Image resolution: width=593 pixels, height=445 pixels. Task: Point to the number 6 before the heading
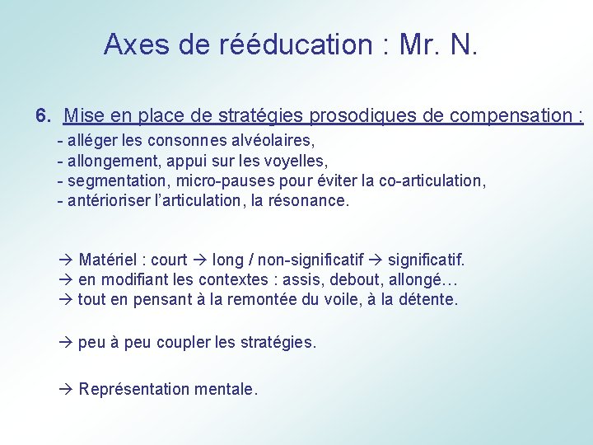41,115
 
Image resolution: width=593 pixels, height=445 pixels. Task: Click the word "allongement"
110,161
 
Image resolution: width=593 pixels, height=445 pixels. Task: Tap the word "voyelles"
299,161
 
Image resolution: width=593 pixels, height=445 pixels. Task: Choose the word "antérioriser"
110,200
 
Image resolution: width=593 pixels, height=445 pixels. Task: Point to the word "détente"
431,300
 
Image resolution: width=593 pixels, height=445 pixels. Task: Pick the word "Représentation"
134,389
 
